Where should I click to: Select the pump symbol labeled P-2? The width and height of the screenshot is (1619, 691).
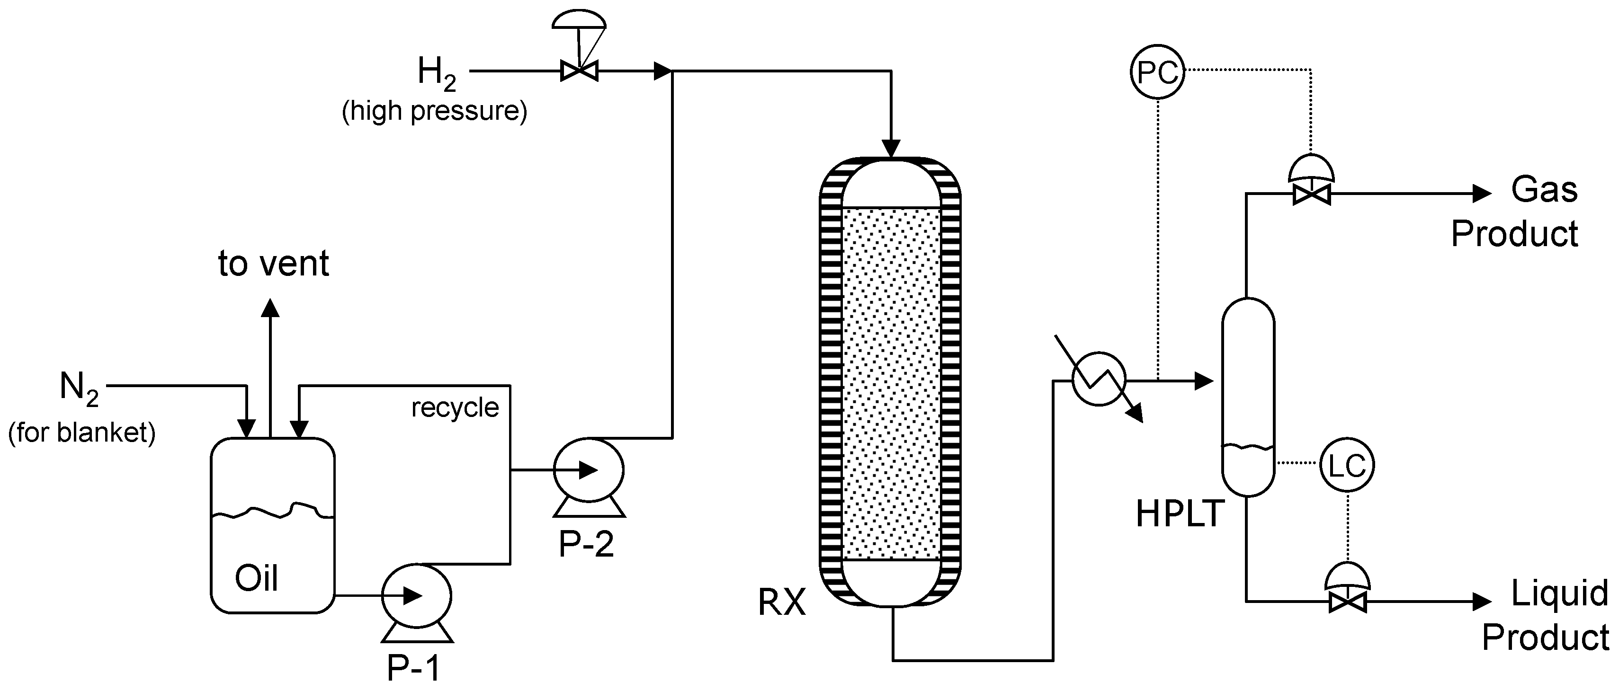588,470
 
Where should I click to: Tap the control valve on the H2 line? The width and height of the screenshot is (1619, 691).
579,71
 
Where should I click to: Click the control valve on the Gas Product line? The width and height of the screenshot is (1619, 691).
1312,194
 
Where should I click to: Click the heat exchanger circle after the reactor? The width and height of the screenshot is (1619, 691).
1099,379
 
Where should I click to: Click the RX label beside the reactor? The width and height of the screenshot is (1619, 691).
782,602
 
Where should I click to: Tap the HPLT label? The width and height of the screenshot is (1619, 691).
1180,513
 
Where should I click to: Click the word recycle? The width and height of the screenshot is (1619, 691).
455,408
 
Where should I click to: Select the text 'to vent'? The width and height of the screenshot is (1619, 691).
273,264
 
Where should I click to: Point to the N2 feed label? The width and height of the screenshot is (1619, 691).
79,387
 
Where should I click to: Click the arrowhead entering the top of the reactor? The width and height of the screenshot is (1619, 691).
891,149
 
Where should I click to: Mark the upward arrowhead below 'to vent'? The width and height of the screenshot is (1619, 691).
270,308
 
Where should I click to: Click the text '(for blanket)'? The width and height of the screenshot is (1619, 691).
82,433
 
